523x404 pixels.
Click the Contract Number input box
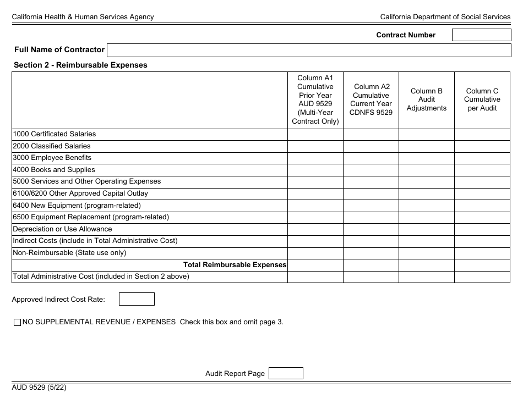pyautogui.click(x=481, y=35)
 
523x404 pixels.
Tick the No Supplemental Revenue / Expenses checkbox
pyautogui.click(x=17, y=323)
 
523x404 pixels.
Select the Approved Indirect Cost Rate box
pyautogui.click(x=137, y=299)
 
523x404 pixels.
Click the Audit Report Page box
pyautogui.click(x=285, y=373)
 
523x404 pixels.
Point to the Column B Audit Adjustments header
pyautogui.click(x=426, y=99)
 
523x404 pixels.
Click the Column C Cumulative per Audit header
pyautogui.click(x=482, y=99)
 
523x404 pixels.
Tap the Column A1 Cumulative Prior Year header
pyautogui.click(x=315, y=99)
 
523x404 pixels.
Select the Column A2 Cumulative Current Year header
pyautogui.click(x=371, y=99)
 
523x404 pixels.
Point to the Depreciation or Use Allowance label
pyautogui.click(x=62, y=229)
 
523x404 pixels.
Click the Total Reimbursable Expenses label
pyautogui.click(x=235, y=265)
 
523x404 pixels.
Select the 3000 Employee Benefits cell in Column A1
pyautogui.click(x=315, y=158)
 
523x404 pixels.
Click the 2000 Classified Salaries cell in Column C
pyautogui.click(x=482, y=146)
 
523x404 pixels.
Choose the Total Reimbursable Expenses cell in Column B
pyautogui.click(x=426, y=265)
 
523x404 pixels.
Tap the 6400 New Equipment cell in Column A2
pyautogui.click(x=371, y=206)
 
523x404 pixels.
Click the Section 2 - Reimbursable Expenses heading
pyautogui.click(x=80, y=65)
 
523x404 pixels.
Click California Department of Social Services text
pyautogui.click(x=445, y=17)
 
